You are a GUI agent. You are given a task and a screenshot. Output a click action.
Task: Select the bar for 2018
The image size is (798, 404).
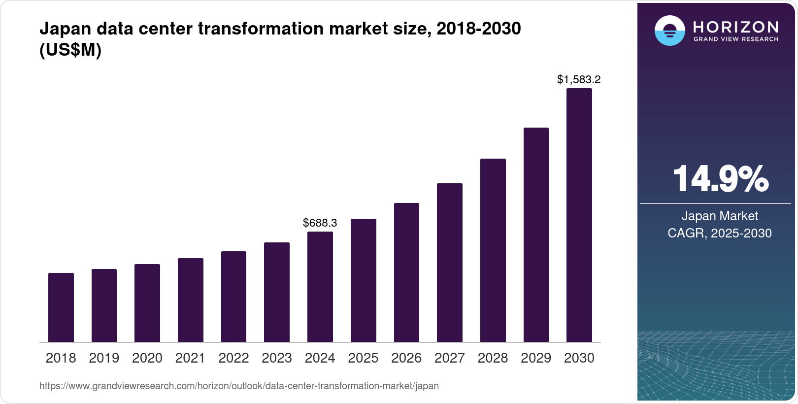[x=61, y=307]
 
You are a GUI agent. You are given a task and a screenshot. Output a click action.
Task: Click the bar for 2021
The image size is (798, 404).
[x=191, y=300]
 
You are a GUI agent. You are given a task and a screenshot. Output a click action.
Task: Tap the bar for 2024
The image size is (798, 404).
[x=320, y=287]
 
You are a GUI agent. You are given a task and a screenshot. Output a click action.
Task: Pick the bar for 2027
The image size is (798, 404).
[x=450, y=263]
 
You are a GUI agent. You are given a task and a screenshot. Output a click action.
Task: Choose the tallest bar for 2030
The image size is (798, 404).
[x=579, y=215]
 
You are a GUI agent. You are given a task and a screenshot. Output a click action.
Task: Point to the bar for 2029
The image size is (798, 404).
[x=536, y=235]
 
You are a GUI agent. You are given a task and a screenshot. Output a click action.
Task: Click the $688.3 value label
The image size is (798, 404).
[x=320, y=223]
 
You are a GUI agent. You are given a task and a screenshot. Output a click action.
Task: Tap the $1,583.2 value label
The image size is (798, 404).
[x=579, y=79]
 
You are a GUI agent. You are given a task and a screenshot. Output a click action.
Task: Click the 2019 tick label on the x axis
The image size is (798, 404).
[x=104, y=358]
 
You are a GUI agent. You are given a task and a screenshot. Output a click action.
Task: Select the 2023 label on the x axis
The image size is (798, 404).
[x=277, y=358]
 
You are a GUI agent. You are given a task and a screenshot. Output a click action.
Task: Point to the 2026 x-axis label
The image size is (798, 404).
[x=406, y=358]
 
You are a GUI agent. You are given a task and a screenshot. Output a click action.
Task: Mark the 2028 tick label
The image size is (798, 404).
[x=493, y=358]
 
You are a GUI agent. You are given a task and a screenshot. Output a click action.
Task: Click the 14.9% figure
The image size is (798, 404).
[x=720, y=179]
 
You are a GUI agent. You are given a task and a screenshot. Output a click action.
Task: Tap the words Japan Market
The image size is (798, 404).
[x=720, y=216]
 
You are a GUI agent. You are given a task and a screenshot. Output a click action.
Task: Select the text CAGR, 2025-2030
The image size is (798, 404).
[x=720, y=233]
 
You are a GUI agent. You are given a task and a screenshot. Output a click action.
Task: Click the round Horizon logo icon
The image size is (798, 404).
[x=669, y=31]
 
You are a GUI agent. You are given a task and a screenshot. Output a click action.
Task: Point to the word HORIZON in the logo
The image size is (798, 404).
[x=736, y=27]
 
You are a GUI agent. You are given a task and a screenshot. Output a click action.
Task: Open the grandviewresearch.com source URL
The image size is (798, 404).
[x=239, y=386]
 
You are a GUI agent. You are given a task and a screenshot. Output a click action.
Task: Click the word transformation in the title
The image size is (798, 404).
[x=261, y=29]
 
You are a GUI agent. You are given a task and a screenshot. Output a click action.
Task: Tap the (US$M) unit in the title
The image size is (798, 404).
[x=70, y=50]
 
